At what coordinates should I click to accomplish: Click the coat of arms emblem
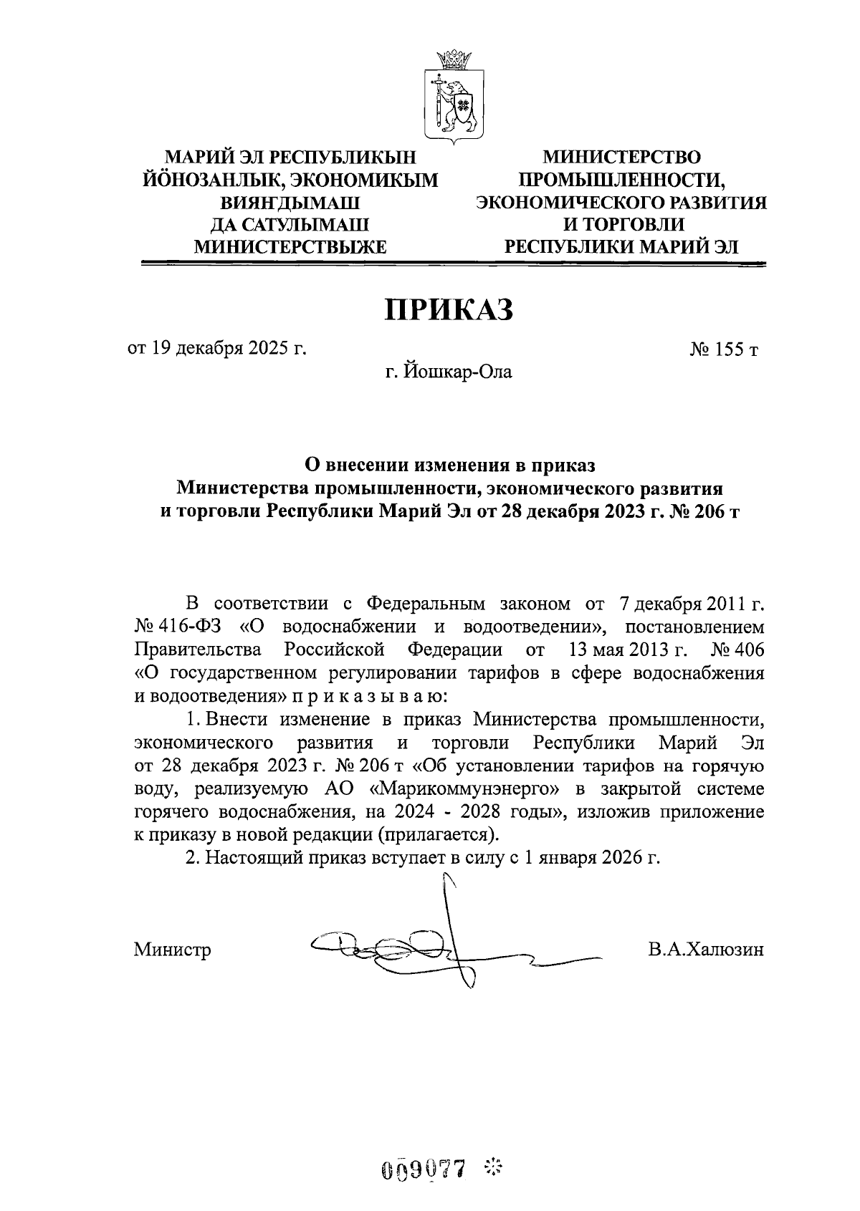click(x=452, y=97)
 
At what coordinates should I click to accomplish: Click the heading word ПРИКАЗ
click(x=450, y=309)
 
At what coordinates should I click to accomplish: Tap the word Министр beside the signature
click(x=172, y=950)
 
